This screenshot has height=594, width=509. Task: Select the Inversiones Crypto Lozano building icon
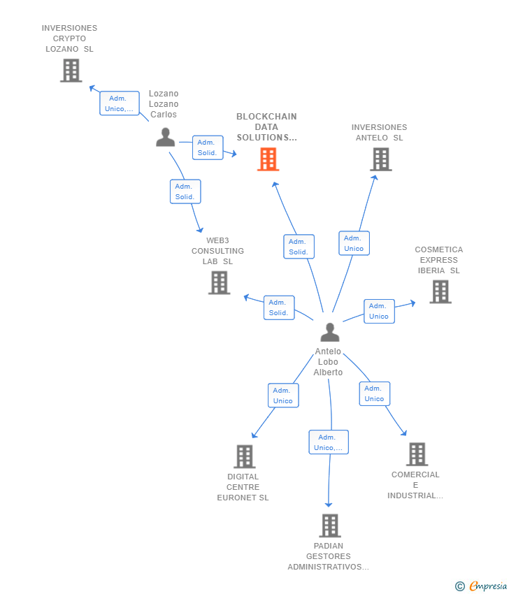tap(71, 71)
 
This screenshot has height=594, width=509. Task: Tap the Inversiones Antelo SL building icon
tap(380, 159)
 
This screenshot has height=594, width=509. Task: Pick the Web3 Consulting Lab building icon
tap(219, 282)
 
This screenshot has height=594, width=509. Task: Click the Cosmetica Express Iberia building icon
tap(440, 291)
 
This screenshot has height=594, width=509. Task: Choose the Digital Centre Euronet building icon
tap(244, 456)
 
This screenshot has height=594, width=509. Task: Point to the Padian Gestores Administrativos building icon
tap(329, 526)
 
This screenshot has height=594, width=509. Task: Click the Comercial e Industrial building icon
tap(417, 454)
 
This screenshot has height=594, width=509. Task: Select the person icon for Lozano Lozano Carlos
tap(165, 138)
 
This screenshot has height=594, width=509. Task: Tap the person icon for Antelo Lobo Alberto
tap(329, 333)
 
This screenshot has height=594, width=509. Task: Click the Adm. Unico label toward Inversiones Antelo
tap(354, 243)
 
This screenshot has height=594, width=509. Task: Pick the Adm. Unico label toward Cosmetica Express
tap(379, 311)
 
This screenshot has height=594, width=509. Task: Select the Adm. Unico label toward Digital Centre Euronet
tap(283, 396)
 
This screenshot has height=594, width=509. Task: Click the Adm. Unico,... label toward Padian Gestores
tap(329, 442)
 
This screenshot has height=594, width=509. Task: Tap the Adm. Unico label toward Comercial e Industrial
tap(374, 393)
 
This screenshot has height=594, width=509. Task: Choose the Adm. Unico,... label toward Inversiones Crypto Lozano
tap(120, 103)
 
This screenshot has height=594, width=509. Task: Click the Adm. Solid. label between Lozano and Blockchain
tap(207, 147)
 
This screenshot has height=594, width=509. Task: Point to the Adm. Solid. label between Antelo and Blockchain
tap(299, 247)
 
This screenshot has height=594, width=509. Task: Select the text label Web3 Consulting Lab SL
tap(218, 251)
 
